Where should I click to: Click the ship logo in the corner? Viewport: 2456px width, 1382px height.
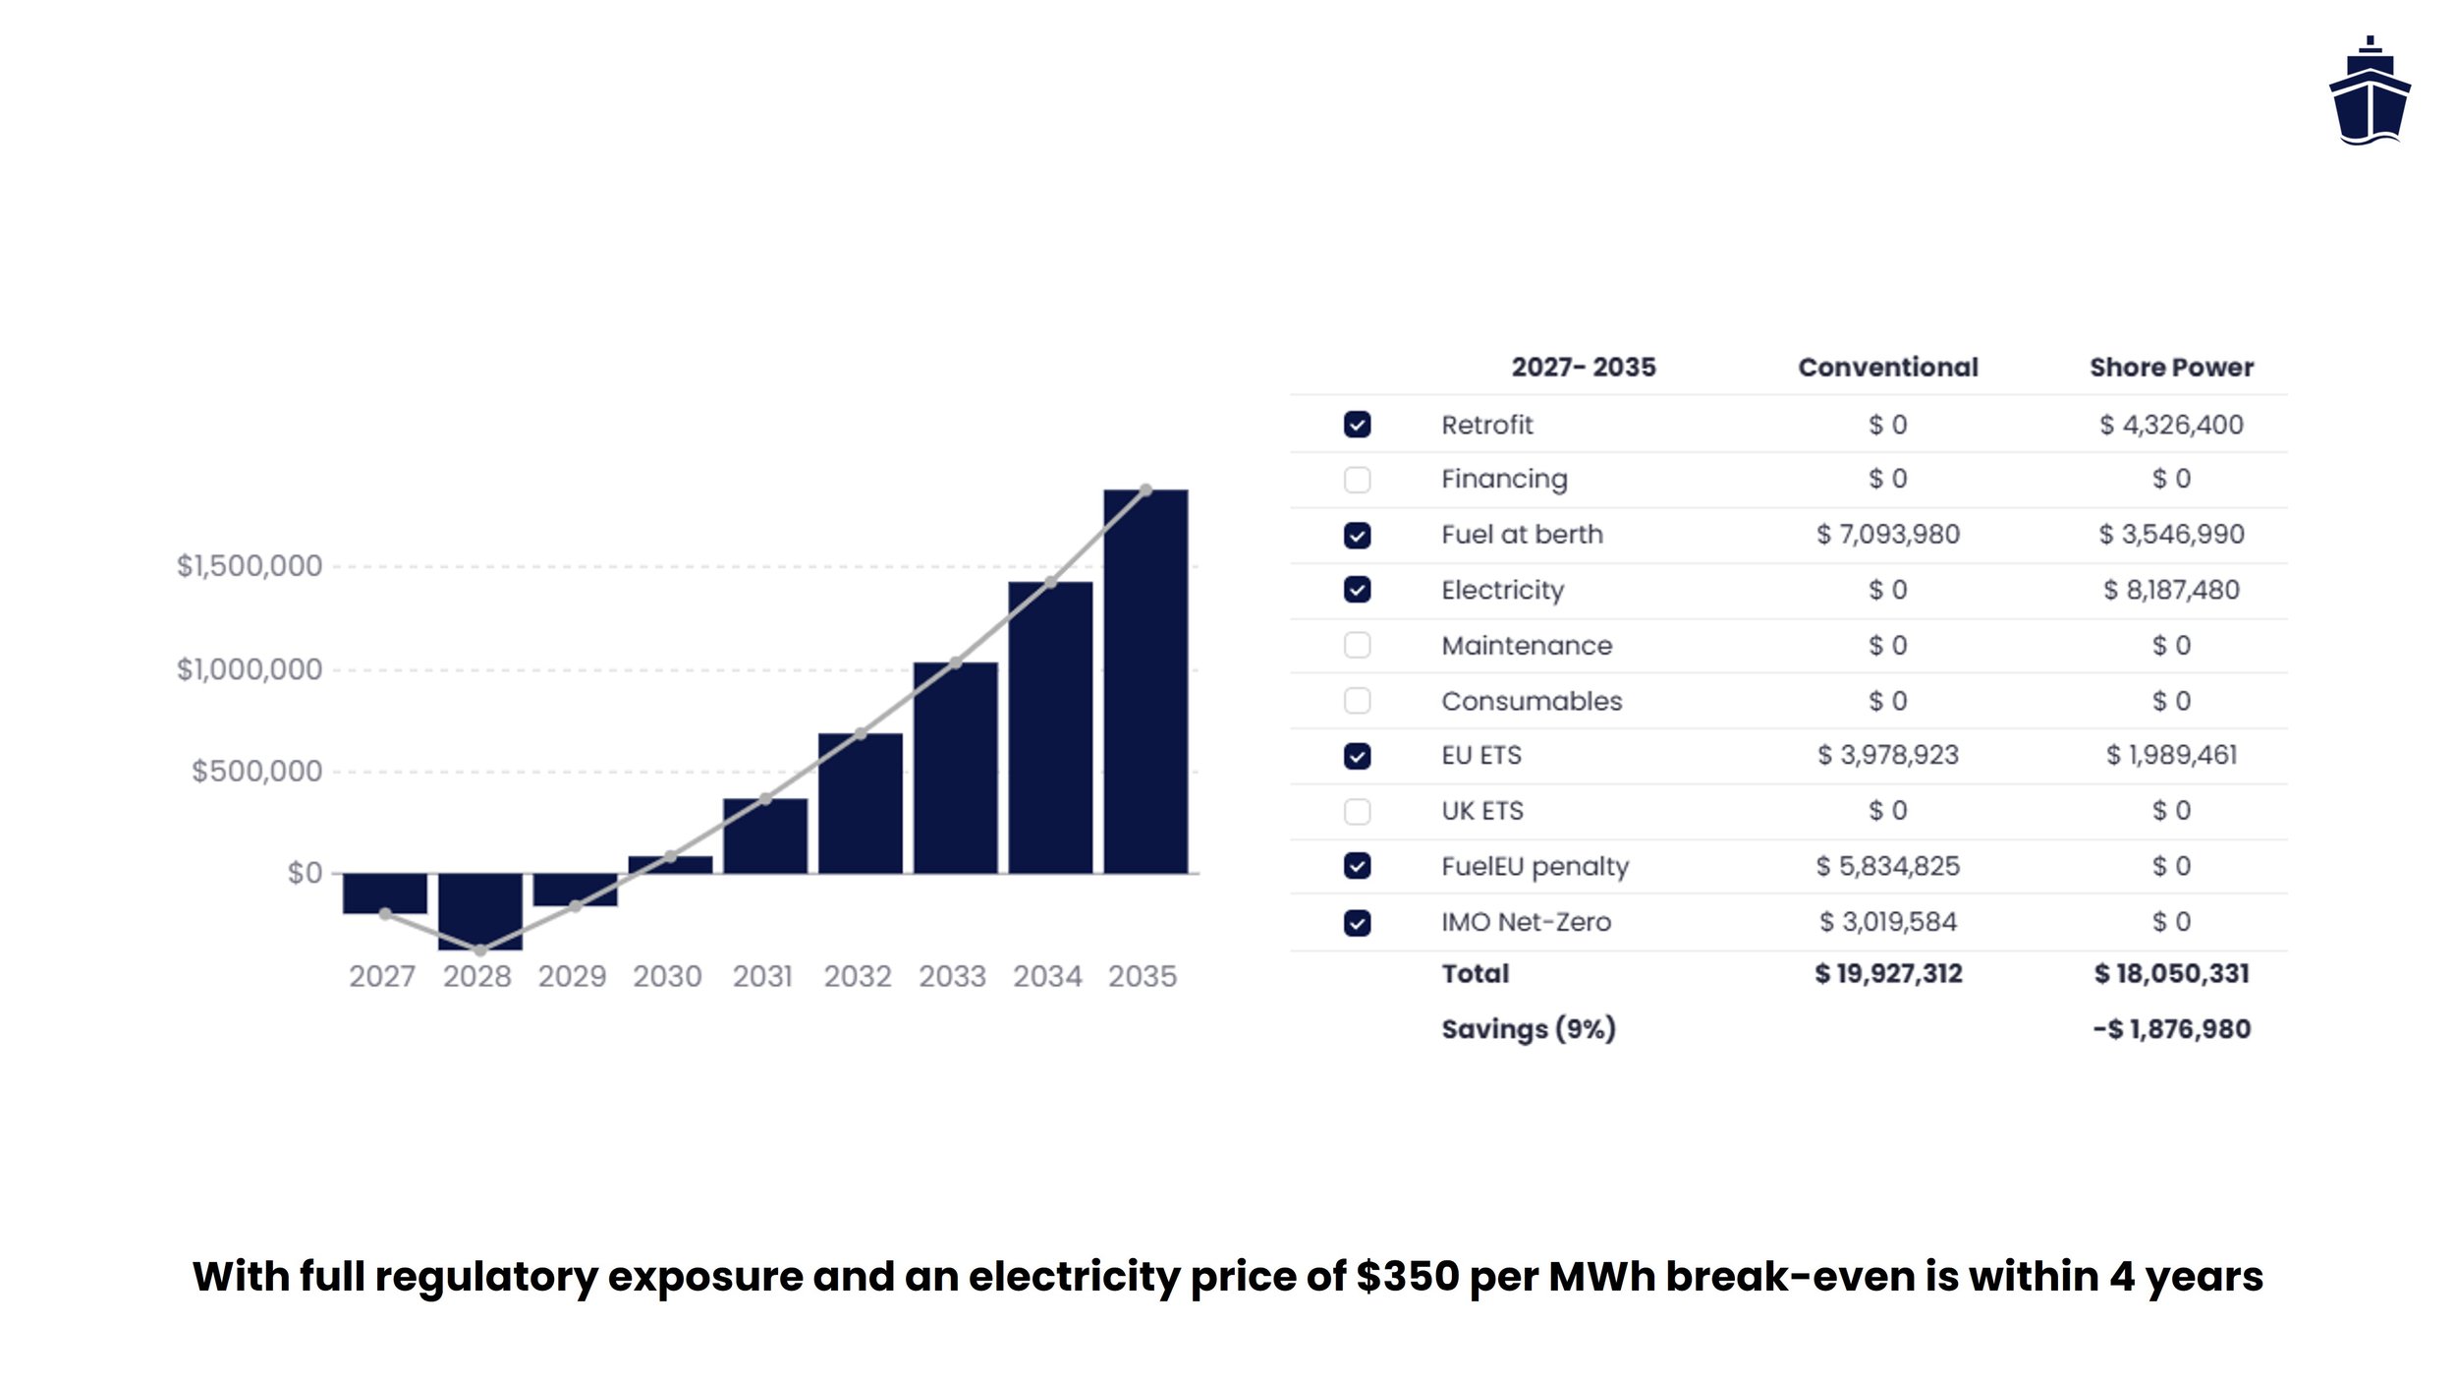[x=2369, y=92]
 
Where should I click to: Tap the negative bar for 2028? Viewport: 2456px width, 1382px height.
[x=479, y=911]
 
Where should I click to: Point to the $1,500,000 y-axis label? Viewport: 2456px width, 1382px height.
[x=249, y=566]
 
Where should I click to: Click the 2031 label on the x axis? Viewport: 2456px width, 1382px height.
[x=762, y=976]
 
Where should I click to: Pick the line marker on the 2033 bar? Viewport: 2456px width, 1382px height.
[x=955, y=662]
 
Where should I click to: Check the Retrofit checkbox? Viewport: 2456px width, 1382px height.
[x=1357, y=425]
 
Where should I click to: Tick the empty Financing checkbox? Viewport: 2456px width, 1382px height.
[x=1357, y=480]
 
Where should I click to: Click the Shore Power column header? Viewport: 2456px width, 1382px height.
[x=2171, y=368]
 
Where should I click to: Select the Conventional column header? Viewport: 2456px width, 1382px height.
[x=1887, y=368]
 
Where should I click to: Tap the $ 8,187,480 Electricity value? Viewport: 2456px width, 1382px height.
[x=2171, y=590]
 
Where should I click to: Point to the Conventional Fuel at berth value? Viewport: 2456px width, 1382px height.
[x=1887, y=535]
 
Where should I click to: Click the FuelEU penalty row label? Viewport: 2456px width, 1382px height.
[x=1535, y=866]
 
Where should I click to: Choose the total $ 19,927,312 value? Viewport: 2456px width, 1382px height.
[x=1887, y=973]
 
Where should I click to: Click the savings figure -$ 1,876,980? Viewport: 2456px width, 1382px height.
[x=2171, y=1029]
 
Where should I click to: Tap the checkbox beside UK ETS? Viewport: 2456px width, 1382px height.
[x=1357, y=811]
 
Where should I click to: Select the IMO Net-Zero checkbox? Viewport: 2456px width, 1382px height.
[x=1357, y=922]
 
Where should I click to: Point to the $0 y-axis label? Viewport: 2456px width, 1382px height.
[x=304, y=873]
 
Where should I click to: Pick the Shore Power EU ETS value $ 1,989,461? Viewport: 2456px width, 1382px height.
[x=2171, y=755]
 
